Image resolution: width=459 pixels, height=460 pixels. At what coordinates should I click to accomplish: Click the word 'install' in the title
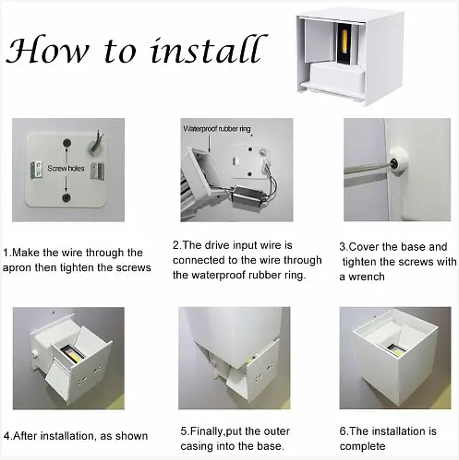point(207,49)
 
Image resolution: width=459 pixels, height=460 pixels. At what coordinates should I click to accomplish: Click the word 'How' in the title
point(47,50)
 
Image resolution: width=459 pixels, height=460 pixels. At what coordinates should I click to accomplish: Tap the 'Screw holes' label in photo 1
point(66,168)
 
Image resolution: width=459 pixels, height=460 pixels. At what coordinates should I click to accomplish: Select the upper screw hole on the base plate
point(66,143)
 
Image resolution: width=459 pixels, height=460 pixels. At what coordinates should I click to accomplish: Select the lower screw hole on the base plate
point(66,197)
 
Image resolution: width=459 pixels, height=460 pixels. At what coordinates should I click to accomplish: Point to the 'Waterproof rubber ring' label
point(217,129)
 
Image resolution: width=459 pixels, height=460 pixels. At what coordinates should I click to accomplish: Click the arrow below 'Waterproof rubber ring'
point(210,143)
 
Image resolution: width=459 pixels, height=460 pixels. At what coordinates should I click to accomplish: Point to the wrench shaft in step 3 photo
point(367,169)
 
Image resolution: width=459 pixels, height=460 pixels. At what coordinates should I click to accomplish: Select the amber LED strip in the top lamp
point(345,43)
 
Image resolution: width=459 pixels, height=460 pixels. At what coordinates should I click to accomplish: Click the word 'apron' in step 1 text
point(17,268)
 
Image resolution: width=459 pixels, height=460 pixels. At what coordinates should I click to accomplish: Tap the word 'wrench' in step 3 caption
point(367,277)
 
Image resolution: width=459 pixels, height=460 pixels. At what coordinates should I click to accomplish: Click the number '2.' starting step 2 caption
point(176,245)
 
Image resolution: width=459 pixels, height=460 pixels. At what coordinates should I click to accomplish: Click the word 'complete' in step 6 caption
point(362,446)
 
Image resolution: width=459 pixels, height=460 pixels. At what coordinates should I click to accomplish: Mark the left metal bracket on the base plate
point(36,170)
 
